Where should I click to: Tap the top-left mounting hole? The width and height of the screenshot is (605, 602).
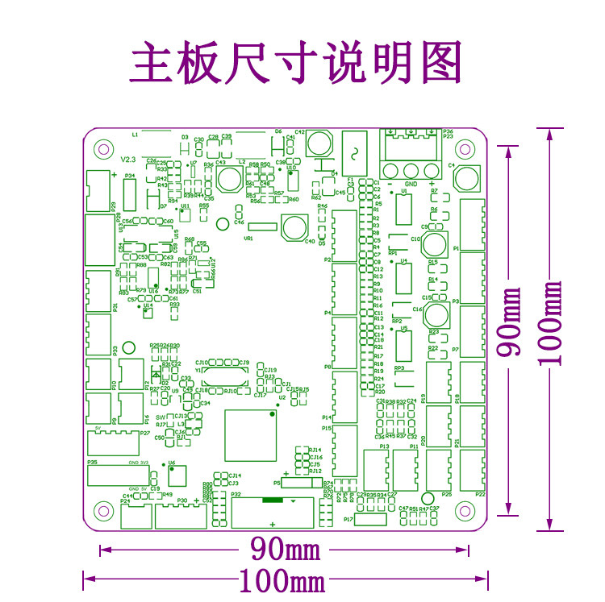point(102,148)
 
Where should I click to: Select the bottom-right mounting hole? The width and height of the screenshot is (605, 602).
point(465,510)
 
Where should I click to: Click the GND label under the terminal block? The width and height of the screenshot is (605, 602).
point(411,184)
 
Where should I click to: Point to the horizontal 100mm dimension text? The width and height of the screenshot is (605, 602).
point(282,579)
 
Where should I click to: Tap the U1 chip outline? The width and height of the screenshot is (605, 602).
point(403,208)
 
